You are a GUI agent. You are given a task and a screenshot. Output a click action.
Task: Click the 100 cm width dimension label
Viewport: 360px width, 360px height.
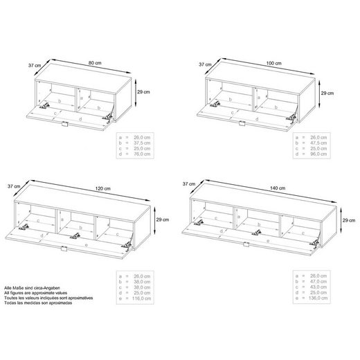[x=274, y=63]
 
